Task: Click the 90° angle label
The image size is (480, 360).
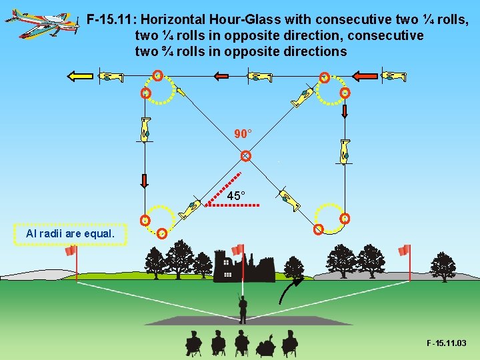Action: pyautogui.click(x=243, y=133)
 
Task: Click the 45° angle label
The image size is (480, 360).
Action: pyautogui.click(x=236, y=196)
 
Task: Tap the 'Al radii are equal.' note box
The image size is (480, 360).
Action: pyautogui.click(x=70, y=234)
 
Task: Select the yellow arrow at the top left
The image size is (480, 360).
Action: pyautogui.click(x=79, y=76)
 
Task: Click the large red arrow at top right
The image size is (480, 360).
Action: pyautogui.click(x=364, y=76)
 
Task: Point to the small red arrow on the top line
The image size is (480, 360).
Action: pyautogui.click(x=221, y=77)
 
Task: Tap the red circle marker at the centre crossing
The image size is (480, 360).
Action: pyautogui.click(x=246, y=156)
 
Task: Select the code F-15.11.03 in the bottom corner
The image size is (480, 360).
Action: pyautogui.click(x=447, y=343)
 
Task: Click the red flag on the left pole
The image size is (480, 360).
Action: pyautogui.click(x=70, y=251)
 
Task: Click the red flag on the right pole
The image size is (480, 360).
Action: pyautogui.click(x=404, y=251)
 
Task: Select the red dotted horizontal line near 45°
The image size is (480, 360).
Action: pyautogui.click(x=232, y=206)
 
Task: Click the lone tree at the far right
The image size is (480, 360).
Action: pyautogui.click(x=443, y=265)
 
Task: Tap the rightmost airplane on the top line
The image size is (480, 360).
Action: pyautogui.click(x=394, y=77)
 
